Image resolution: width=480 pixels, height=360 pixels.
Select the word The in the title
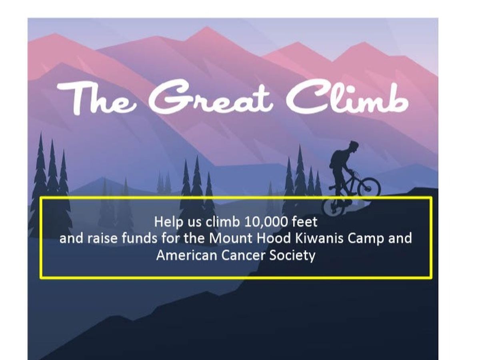[96, 98]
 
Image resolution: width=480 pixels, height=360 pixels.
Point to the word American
[186, 255]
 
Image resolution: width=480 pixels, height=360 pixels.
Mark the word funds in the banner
[139, 238]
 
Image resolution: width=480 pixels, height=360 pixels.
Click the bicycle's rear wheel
[333, 208]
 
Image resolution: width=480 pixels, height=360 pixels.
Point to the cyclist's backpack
[336, 160]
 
